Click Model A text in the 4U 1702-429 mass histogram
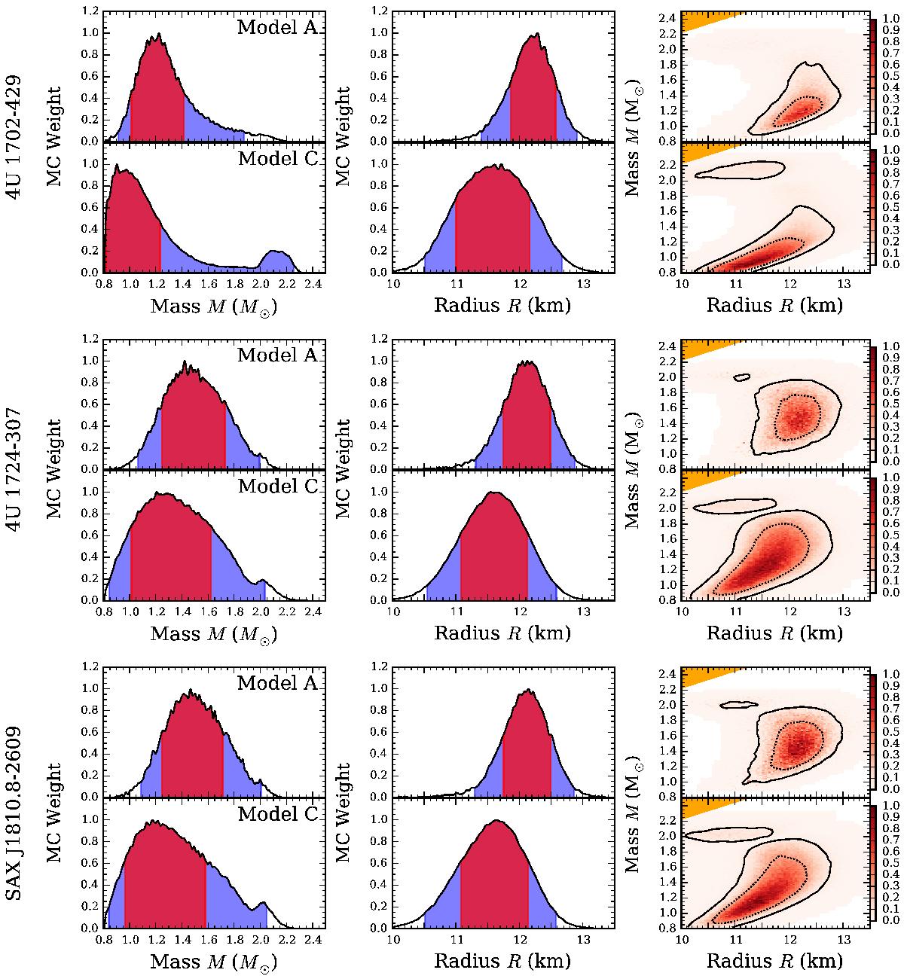tap(277, 28)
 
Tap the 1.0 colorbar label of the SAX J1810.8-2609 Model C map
tap(889, 808)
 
